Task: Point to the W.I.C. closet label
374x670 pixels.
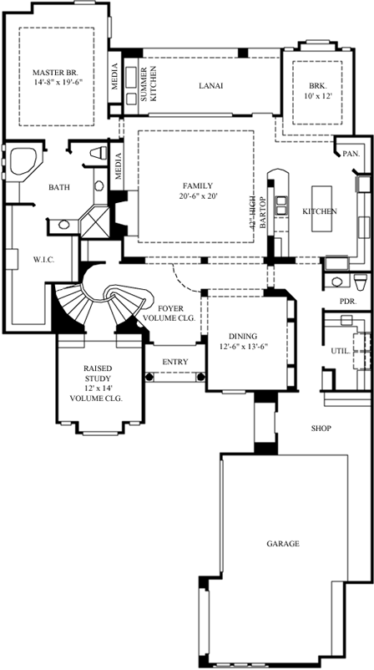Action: click(43, 260)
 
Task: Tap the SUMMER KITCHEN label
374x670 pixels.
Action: click(147, 84)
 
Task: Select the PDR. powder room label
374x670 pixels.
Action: click(348, 300)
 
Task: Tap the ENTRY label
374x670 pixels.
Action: click(176, 362)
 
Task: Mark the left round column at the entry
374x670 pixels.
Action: click(150, 377)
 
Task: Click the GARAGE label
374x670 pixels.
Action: click(283, 544)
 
